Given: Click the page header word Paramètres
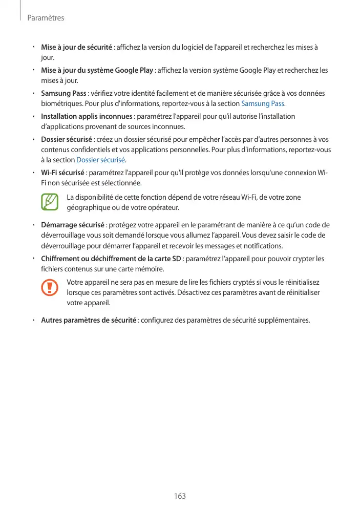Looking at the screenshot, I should (46, 18).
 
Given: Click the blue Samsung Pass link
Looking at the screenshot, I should (262, 104).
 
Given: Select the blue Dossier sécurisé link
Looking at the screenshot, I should (100, 160).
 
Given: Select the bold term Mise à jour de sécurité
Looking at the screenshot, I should (76, 48).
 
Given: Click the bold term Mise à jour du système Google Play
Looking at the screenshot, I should (97, 71).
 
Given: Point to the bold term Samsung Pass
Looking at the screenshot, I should (63, 94).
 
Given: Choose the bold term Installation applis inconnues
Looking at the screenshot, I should (87, 117).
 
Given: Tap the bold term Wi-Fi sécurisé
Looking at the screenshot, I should (62, 173).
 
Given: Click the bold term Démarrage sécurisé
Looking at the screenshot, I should (73, 225).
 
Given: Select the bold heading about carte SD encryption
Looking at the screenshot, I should (111, 259).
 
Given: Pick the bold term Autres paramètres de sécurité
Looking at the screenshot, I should (88, 321).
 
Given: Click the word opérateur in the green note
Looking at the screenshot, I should (163, 208).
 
